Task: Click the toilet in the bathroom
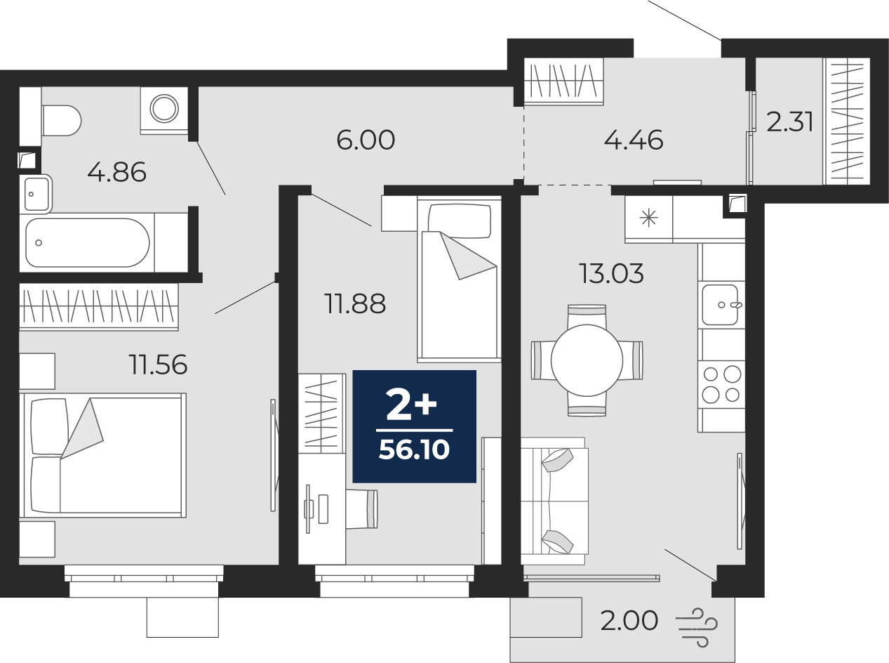pos(61,120)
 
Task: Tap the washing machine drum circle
pos(164,108)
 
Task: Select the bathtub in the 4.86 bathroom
pos(88,243)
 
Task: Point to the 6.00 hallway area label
pos(366,140)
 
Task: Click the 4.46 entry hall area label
pos(634,140)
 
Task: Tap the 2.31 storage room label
pos(789,122)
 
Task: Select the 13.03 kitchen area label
pos(612,273)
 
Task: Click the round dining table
pos(587,360)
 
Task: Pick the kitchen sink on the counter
pos(721,305)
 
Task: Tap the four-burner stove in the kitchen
pos(721,384)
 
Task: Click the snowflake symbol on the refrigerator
pos(648,218)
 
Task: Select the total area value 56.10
pos(414,449)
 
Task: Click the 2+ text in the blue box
pos(411,406)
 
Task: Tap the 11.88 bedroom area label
pos(355,304)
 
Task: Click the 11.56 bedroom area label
pos(158,365)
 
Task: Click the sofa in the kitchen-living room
pos(554,501)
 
